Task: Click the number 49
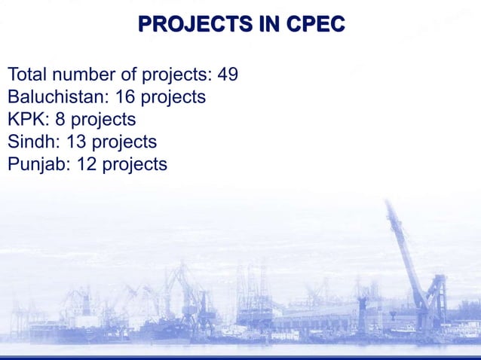coord(228,75)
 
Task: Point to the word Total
coord(27,75)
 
